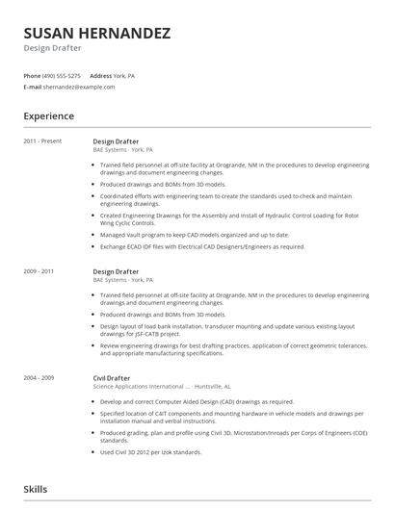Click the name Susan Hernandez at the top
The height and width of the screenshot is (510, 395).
coord(97,33)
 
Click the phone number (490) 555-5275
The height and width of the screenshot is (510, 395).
coord(63,75)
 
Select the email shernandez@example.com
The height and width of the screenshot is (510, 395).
coord(79,87)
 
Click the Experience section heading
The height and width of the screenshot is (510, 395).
coord(48,116)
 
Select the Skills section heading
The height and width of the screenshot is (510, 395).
coord(37,490)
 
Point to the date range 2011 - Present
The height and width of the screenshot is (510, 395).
coord(42,140)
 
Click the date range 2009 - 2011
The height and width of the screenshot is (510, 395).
coord(39,271)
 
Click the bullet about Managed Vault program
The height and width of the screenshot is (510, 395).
coord(180,234)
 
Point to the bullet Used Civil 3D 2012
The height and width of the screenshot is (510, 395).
coord(150,452)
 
